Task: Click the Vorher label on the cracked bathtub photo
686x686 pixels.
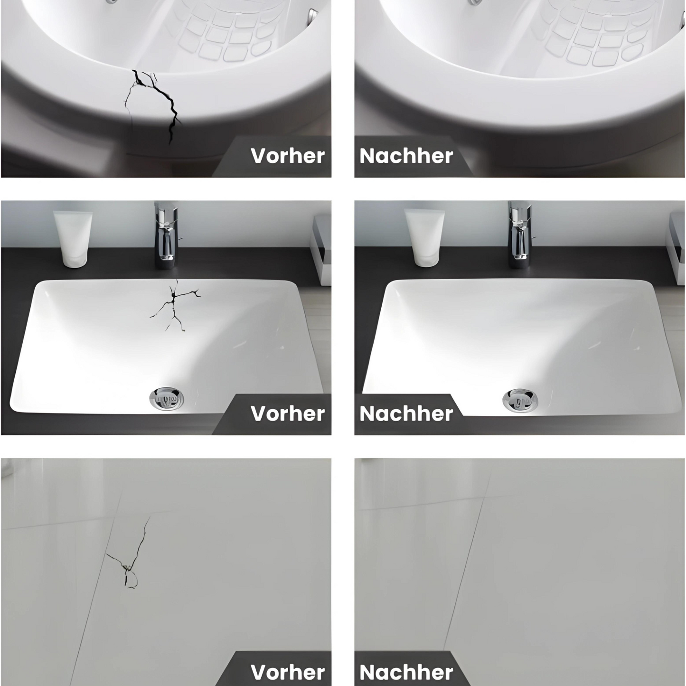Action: (x=287, y=156)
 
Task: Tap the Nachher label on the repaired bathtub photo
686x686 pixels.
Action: (x=406, y=156)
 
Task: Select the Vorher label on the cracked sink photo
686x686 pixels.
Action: (x=287, y=413)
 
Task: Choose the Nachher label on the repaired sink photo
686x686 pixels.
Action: (x=406, y=413)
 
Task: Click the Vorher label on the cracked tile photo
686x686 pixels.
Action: (x=287, y=672)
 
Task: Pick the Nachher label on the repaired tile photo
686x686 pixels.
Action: (x=406, y=672)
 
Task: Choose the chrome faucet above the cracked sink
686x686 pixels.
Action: (x=165, y=233)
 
